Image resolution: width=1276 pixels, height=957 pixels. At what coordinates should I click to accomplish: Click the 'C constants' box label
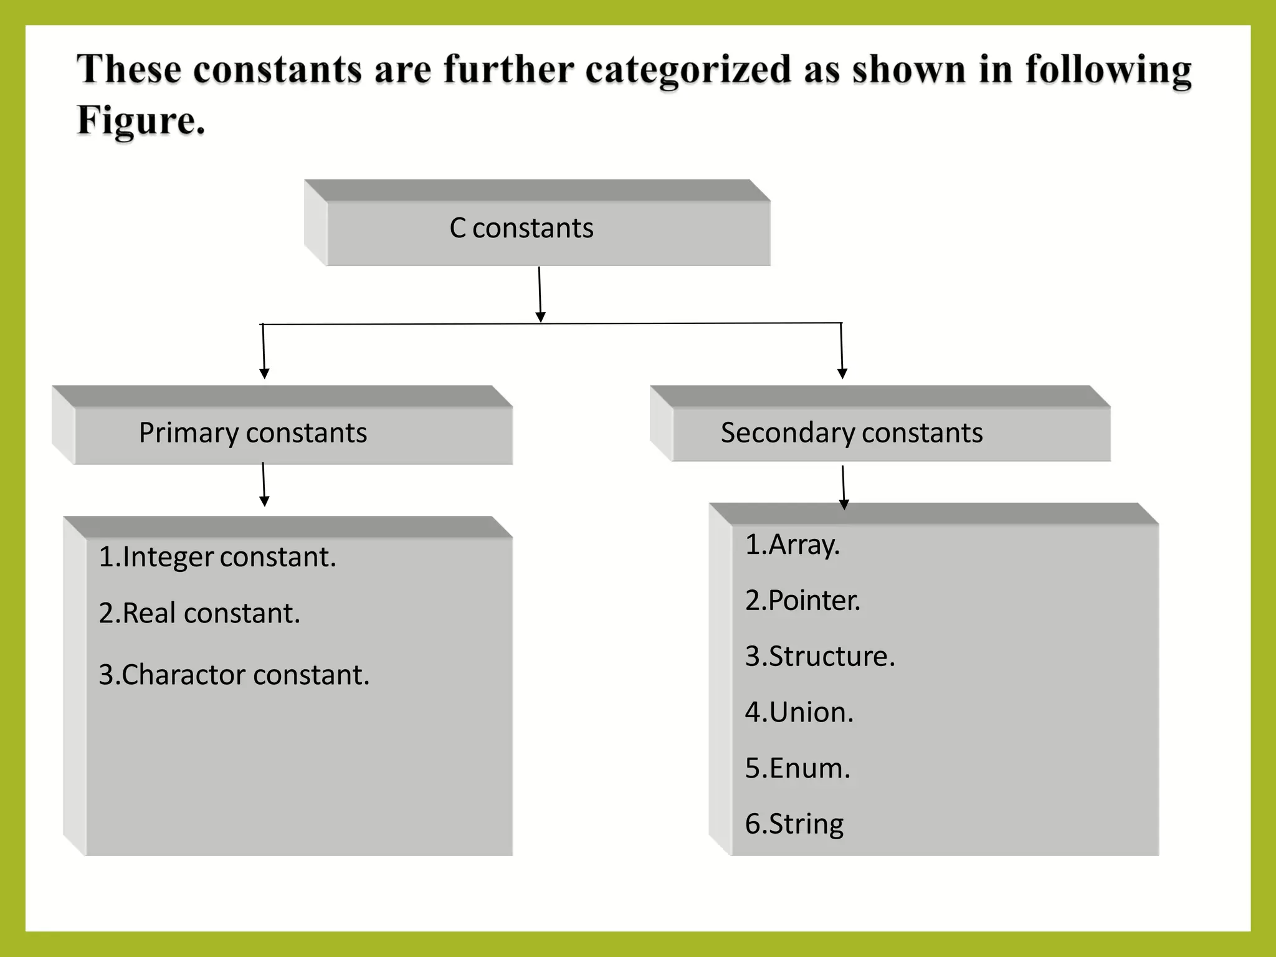521,228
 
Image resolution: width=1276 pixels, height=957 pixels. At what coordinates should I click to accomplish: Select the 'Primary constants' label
252,433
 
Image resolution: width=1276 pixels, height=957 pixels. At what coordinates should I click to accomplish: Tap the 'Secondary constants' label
851,433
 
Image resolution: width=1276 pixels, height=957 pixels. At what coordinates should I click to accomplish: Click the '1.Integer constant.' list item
217,557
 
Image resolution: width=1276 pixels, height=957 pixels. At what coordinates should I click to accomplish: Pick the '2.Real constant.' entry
199,613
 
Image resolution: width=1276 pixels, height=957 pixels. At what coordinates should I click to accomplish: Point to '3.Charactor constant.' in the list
234,675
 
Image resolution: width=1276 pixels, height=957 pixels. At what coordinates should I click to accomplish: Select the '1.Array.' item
793,545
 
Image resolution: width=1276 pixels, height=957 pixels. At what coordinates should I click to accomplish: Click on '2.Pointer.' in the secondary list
802,601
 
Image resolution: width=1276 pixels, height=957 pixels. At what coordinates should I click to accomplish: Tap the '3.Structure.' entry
820,657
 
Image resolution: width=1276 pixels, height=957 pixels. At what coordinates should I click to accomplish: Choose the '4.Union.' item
799,713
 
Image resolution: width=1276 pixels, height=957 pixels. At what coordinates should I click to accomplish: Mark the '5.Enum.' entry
797,768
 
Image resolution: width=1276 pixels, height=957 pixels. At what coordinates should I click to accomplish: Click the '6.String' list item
794,824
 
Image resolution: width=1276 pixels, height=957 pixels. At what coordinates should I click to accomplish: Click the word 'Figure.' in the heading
141,120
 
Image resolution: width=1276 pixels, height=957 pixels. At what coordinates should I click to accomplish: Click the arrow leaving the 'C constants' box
540,294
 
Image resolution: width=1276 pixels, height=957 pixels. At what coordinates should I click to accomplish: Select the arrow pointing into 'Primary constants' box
264,351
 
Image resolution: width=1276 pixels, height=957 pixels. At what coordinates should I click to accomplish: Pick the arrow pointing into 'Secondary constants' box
842,351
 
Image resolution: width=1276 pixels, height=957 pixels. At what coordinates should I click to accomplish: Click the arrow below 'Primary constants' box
264,485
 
